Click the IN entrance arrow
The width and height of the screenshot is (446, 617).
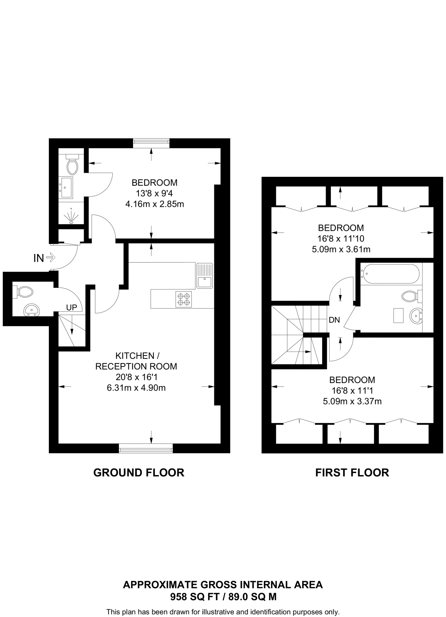pyautogui.click(x=51, y=258)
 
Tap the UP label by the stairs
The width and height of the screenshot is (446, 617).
pyautogui.click(x=72, y=307)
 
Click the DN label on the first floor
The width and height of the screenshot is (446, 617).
pyautogui.click(x=334, y=320)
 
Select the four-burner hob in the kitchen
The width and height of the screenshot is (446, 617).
pyautogui.click(x=184, y=299)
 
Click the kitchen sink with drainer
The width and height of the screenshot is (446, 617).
pyautogui.click(x=204, y=276)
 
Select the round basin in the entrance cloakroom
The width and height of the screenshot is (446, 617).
pyautogui.click(x=31, y=310)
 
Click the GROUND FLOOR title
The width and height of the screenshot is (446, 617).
pyautogui.click(x=139, y=472)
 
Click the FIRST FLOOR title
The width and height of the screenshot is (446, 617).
pyautogui.click(x=352, y=472)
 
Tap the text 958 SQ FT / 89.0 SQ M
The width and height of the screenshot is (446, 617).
pyautogui.click(x=223, y=597)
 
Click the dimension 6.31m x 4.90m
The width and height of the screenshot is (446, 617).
pyautogui.click(x=136, y=388)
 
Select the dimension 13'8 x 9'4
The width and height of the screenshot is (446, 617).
pyautogui.click(x=154, y=193)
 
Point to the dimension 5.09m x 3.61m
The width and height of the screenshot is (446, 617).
pyautogui.click(x=341, y=249)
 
